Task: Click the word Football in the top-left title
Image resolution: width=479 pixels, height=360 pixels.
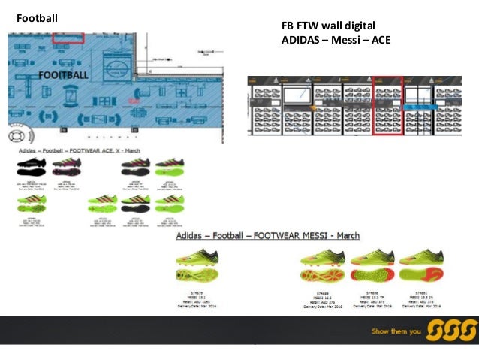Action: pos(37,17)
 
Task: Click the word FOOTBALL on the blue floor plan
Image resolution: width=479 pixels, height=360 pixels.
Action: pos(63,75)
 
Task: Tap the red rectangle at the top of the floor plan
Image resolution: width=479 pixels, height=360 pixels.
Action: pos(68,37)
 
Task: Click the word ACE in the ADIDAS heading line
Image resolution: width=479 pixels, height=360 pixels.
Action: pos(378,40)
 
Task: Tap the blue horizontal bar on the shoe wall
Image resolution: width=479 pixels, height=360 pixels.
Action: pos(417,107)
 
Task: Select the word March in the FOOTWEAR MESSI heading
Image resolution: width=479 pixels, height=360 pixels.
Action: pos(347,236)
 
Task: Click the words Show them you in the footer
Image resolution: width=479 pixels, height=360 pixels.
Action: pos(396,331)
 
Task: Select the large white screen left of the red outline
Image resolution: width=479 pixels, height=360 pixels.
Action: pos(299,95)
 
